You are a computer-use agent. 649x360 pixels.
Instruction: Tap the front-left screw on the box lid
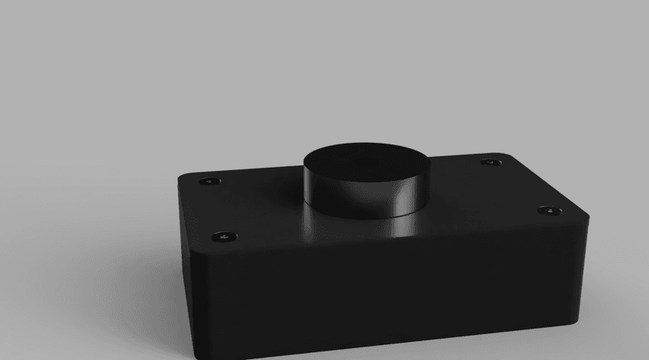[x=224, y=235]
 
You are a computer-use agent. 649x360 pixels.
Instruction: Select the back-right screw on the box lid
[x=491, y=162]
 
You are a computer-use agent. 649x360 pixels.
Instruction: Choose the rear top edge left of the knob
[x=251, y=166]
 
